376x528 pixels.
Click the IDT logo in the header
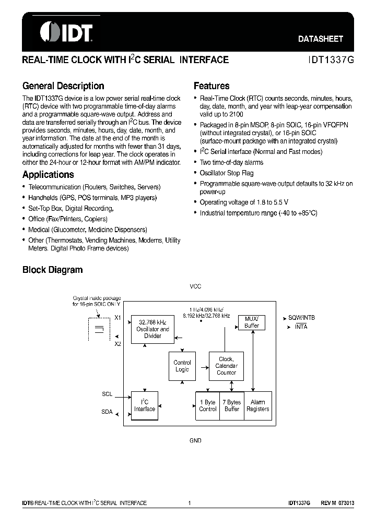[66, 31]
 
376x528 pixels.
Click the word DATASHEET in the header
[321, 39]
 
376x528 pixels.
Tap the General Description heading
[63, 86]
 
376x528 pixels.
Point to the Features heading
[211, 86]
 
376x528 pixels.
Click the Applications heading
[48, 175]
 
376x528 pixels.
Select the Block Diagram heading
[52, 270]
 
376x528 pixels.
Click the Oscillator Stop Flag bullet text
[226, 173]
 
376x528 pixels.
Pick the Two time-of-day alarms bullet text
[231, 162]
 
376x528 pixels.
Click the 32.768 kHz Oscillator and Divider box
[152, 329]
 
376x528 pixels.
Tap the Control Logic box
[182, 366]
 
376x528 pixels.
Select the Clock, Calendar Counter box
[226, 366]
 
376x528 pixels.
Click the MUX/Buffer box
[252, 322]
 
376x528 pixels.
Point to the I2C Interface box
[145, 405]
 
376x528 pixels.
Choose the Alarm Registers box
[258, 405]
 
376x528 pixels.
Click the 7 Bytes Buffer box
[232, 405]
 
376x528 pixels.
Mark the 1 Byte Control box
[208, 405]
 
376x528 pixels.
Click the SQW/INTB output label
[301, 317]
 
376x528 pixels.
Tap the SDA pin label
[107, 412]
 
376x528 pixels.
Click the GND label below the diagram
[195, 440]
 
